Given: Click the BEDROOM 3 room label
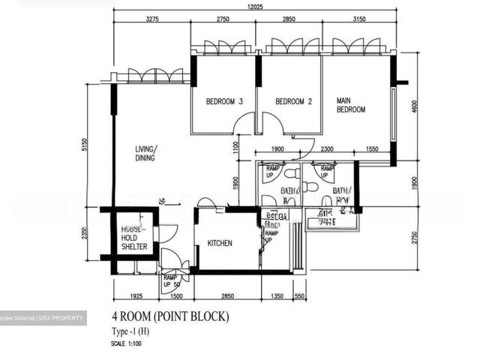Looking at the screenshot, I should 214,102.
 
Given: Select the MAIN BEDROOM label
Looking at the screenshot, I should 350,105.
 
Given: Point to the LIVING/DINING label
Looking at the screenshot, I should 145,153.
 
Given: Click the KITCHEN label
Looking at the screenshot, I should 219,243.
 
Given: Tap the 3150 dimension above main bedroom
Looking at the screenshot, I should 358,19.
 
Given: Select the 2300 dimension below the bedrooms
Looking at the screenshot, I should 327,149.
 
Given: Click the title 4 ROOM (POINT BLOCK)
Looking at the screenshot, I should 170,316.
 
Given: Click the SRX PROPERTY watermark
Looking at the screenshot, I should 43,318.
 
